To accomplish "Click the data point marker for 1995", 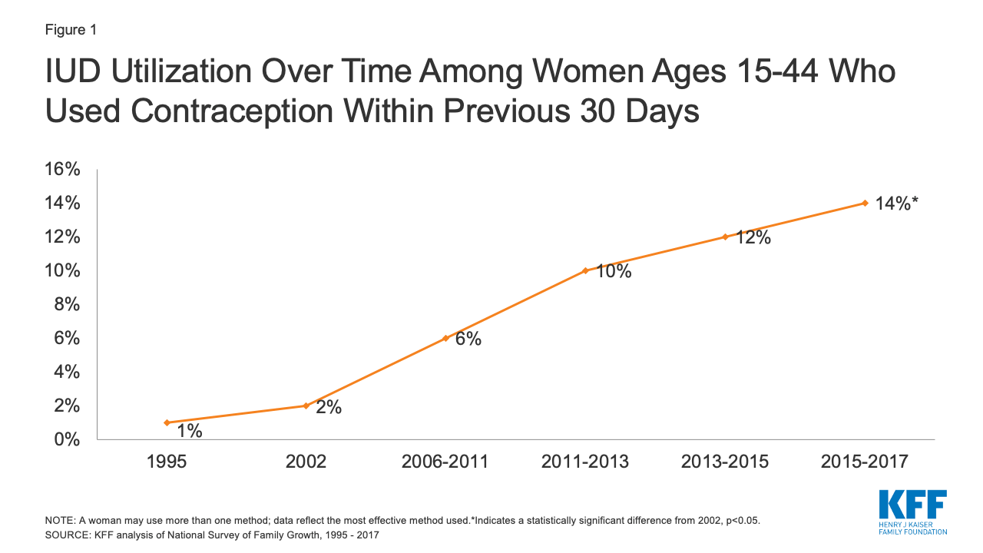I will point(167,422).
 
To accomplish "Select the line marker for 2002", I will point(306,406).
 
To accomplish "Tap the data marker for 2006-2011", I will point(445,338).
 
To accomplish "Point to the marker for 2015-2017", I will point(865,203).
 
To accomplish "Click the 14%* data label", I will point(897,204).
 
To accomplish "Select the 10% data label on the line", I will point(613,271).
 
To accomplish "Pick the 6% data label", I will point(468,339).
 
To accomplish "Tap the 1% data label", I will point(189,432).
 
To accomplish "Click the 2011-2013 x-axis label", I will point(585,462).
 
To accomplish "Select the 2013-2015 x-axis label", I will point(725,462).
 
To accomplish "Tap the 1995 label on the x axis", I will point(167,462).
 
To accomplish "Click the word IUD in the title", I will point(78,73).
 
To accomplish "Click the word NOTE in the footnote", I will point(60,520).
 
